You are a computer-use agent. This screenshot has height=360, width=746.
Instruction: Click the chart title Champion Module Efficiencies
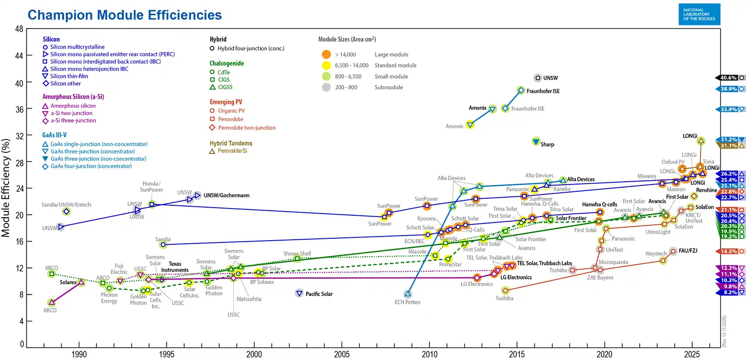pyautogui.click(x=124, y=15)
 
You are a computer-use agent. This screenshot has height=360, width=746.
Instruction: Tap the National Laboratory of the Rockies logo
pyautogui.click(x=699, y=14)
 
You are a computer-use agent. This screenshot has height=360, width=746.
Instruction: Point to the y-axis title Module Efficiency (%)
pyautogui.click(x=6, y=188)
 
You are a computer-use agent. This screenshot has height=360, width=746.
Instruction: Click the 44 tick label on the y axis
pyautogui.click(x=19, y=56)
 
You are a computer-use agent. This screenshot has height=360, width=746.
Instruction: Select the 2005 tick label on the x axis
pyautogui.click(x=342, y=354)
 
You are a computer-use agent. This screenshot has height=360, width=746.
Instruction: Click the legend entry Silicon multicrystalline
pyautogui.click(x=77, y=47)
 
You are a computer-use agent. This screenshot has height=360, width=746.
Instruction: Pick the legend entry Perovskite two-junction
pyautogui.click(x=246, y=128)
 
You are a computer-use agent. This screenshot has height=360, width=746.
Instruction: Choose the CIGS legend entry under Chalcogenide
pyautogui.click(x=223, y=80)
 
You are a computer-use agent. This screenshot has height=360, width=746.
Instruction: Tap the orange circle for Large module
pyautogui.click(x=326, y=54)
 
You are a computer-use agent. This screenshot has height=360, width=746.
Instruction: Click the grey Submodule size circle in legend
pyautogui.click(x=326, y=87)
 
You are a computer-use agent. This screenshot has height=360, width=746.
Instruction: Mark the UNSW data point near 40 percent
pyautogui.click(x=538, y=78)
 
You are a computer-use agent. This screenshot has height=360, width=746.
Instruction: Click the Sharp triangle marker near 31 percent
pyautogui.click(x=536, y=141)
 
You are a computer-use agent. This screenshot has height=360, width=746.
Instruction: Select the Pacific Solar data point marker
pyautogui.click(x=299, y=294)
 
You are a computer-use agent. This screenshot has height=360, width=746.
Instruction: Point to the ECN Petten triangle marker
pyautogui.click(x=408, y=294)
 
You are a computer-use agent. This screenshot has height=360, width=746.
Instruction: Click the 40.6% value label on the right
pyautogui.click(x=728, y=78)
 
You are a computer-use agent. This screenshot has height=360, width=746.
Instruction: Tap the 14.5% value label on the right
pyautogui.click(x=728, y=251)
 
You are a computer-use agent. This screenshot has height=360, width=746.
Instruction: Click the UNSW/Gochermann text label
pyautogui.click(x=226, y=195)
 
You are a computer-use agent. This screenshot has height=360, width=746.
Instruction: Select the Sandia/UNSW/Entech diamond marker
pyautogui.click(x=66, y=212)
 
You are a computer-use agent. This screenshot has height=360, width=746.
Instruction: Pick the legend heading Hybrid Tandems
pyautogui.click(x=231, y=143)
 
